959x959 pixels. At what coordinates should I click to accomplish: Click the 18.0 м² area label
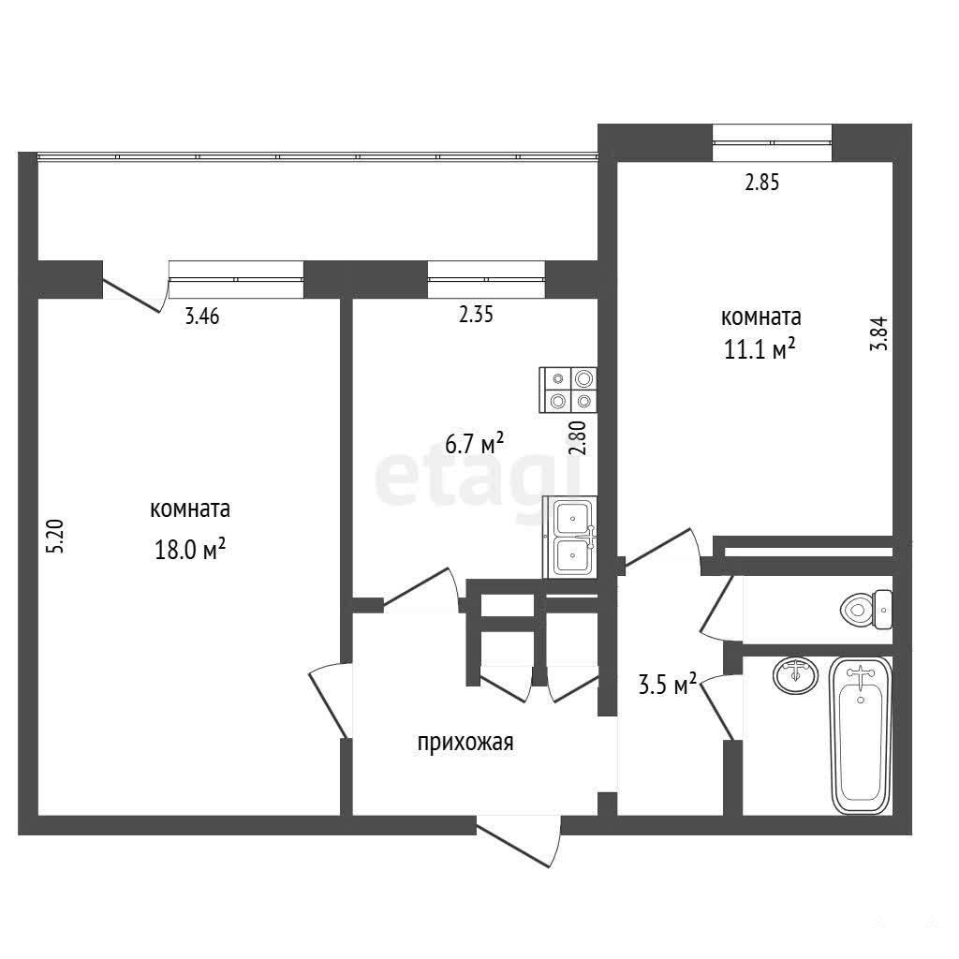pyautogui.click(x=190, y=550)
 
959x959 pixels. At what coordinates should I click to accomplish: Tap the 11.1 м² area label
pyautogui.click(x=760, y=349)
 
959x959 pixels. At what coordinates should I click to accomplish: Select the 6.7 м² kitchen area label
pyautogui.click(x=475, y=443)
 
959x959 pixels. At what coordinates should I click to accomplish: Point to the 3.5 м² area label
pyautogui.click(x=668, y=685)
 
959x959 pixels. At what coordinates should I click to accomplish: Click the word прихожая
pyautogui.click(x=465, y=743)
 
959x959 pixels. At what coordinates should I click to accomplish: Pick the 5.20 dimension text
pyautogui.click(x=55, y=537)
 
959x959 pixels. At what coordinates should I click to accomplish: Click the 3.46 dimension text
pyautogui.click(x=202, y=317)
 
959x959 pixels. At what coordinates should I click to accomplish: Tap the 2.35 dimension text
pyautogui.click(x=476, y=315)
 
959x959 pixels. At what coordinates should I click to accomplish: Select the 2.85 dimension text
pyautogui.click(x=762, y=183)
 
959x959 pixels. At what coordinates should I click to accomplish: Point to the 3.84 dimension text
pyautogui.click(x=878, y=332)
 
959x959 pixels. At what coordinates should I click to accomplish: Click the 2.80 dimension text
pyautogui.click(x=577, y=437)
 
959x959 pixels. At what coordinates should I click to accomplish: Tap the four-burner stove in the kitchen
pyautogui.click(x=568, y=390)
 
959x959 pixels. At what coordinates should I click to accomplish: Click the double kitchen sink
pyautogui.click(x=570, y=537)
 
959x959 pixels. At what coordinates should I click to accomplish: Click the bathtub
pyautogui.click(x=861, y=736)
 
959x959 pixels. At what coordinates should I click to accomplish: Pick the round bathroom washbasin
pyautogui.click(x=795, y=675)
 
